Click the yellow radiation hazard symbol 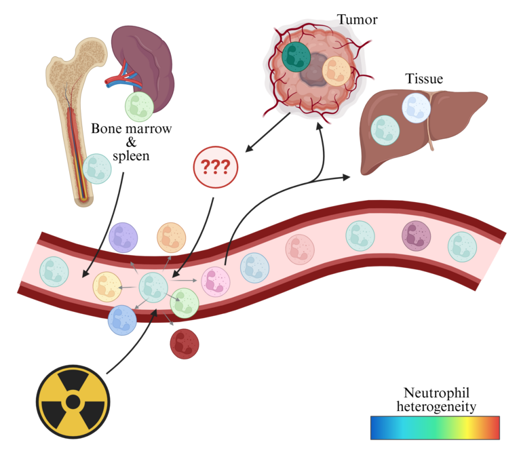(x=73, y=402)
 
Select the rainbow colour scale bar (x=435, y=427)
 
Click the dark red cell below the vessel (x=185, y=343)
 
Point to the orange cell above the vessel (x=172, y=237)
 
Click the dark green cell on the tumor (x=296, y=57)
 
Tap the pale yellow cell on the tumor (x=336, y=71)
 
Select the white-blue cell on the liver (x=417, y=108)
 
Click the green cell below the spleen (x=139, y=107)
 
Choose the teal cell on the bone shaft (x=97, y=168)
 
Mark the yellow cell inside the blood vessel (x=107, y=286)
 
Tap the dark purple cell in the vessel (x=417, y=236)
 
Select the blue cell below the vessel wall (x=122, y=320)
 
